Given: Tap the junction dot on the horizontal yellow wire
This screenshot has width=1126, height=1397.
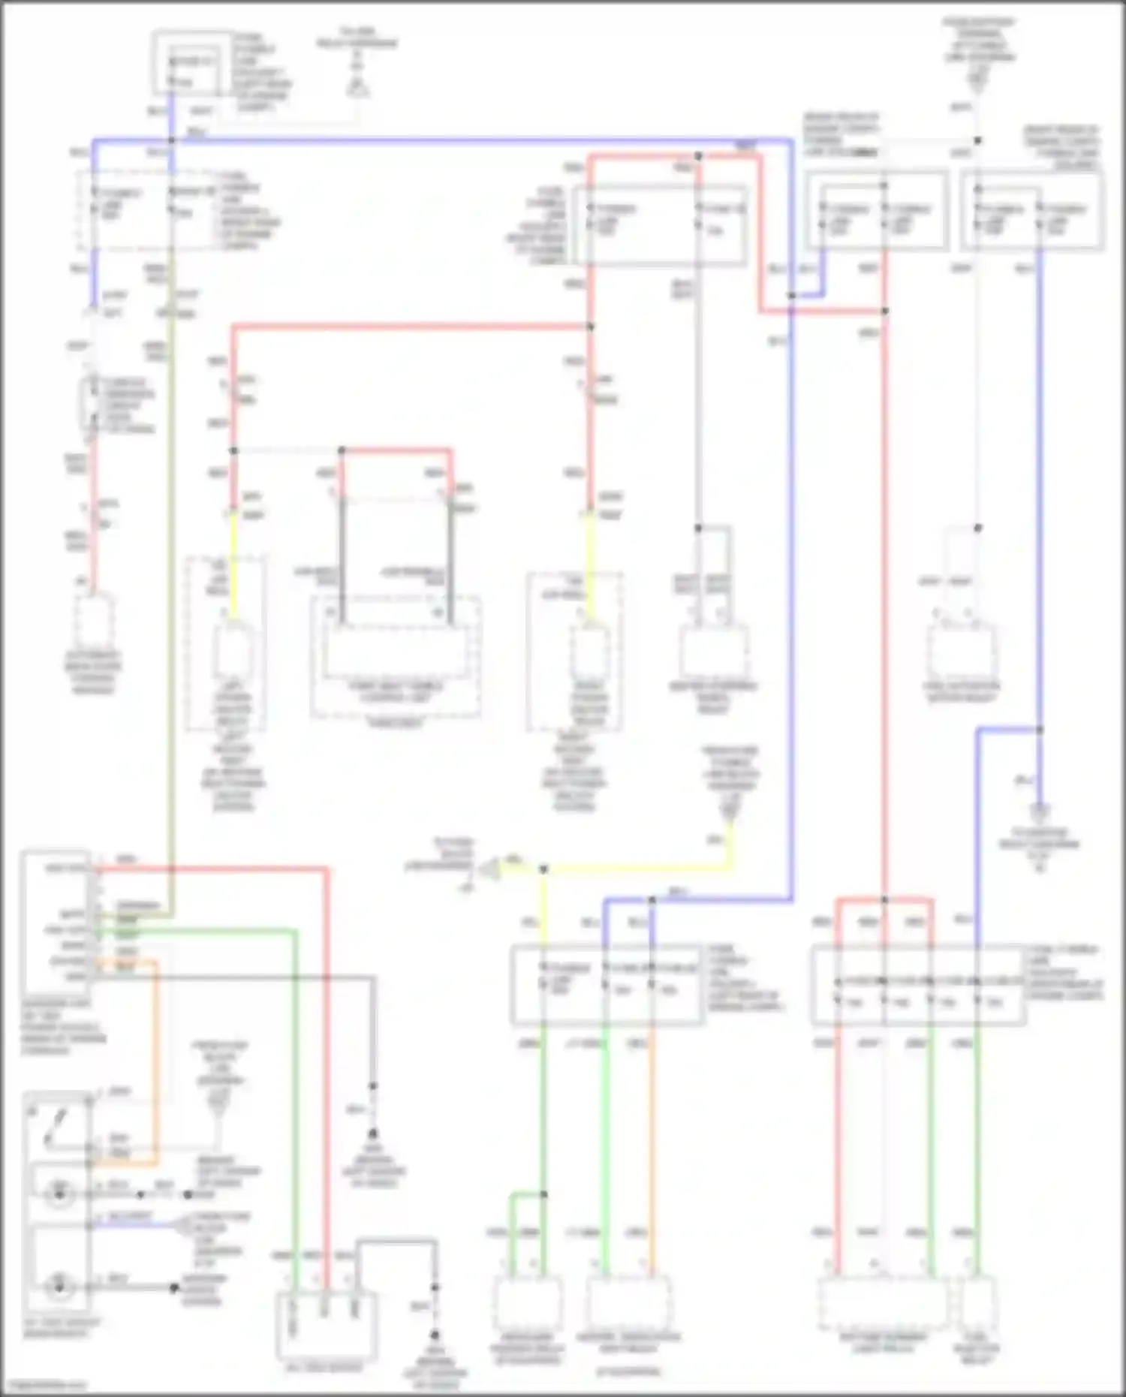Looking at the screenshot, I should pyautogui.click(x=543, y=869).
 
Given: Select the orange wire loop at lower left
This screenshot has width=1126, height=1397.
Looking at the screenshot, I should pyautogui.click(x=155, y=1066).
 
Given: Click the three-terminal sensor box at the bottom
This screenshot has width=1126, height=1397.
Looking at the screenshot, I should pyautogui.click(x=326, y=1325).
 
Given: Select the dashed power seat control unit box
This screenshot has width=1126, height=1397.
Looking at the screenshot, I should pyautogui.click(x=396, y=657).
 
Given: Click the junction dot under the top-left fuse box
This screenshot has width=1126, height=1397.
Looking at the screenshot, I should pyautogui.click(x=172, y=140).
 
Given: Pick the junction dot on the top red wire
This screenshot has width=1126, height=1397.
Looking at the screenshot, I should pyautogui.click(x=698, y=156).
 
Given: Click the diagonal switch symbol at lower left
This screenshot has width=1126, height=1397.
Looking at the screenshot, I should pyautogui.click(x=57, y=1127).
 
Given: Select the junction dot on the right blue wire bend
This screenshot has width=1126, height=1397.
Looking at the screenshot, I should pyautogui.click(x=1040, y=729).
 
